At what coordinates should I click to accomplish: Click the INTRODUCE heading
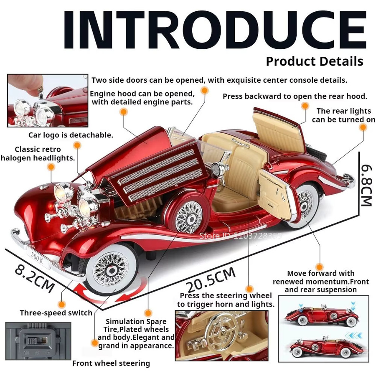point(215,30)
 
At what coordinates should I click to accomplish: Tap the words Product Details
point(315,61)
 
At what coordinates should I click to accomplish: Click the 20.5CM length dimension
point(211,279)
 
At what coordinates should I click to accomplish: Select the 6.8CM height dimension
point(366,185)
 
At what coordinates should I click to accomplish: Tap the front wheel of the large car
point(111,270)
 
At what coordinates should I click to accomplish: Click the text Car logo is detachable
point(71,135)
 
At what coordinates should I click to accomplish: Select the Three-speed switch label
point(56,313)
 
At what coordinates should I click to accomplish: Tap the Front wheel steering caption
point(111,363)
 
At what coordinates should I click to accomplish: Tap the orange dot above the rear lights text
point(305,106)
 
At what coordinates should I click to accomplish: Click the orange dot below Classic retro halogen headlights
point(51,167)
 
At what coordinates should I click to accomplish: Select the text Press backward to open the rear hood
point(295,97)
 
